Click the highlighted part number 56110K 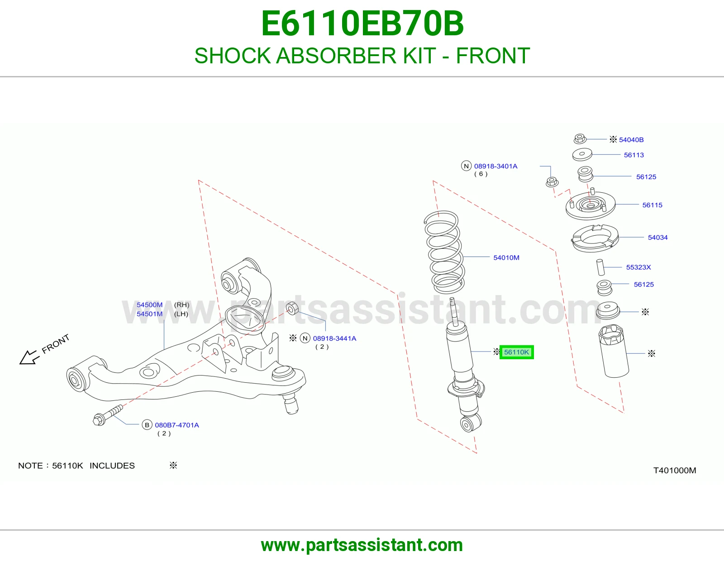(516, 352)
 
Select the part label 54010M (506, 257)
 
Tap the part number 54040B (631, 140)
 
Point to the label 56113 (633, 155)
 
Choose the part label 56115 (652, 205)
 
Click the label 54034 (657, 238)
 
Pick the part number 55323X (638, 267)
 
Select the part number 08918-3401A (495, 166)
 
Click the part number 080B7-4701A (176, 425)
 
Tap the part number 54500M (150, 305)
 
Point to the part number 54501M (150, 314)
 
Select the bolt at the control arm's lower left (108, 415)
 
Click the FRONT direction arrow (29, 357)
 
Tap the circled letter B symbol (147, 425)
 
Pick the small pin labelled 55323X (600, 267)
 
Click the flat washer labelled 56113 (582, 154)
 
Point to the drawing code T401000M (675, 471)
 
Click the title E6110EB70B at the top (362, 24)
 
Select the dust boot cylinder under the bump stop (614, 351)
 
